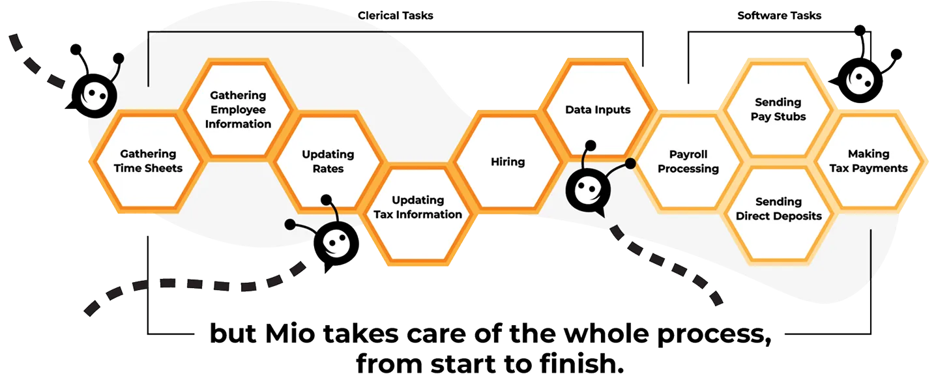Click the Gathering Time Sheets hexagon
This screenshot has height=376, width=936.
click(x=148, y=161)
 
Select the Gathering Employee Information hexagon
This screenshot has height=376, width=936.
click(x=238, y=109)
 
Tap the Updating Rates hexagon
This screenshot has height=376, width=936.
click(x=328, y=161)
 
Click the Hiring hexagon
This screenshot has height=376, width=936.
click(x=507, y=162)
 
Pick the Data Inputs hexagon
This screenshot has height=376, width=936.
click(x=597, y=109)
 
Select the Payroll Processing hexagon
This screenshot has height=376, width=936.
click(x=688, y=162)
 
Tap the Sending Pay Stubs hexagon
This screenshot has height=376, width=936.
click(x=778, y=109)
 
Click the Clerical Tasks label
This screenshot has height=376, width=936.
click(x=396, y=15)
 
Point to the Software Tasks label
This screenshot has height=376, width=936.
click(x=779, y=15)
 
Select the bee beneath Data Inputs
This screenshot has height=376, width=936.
click(x=589, y=189)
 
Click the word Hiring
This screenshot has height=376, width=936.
click(x=507, y=162)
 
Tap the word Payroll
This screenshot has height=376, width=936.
click(x=688, y=154)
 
